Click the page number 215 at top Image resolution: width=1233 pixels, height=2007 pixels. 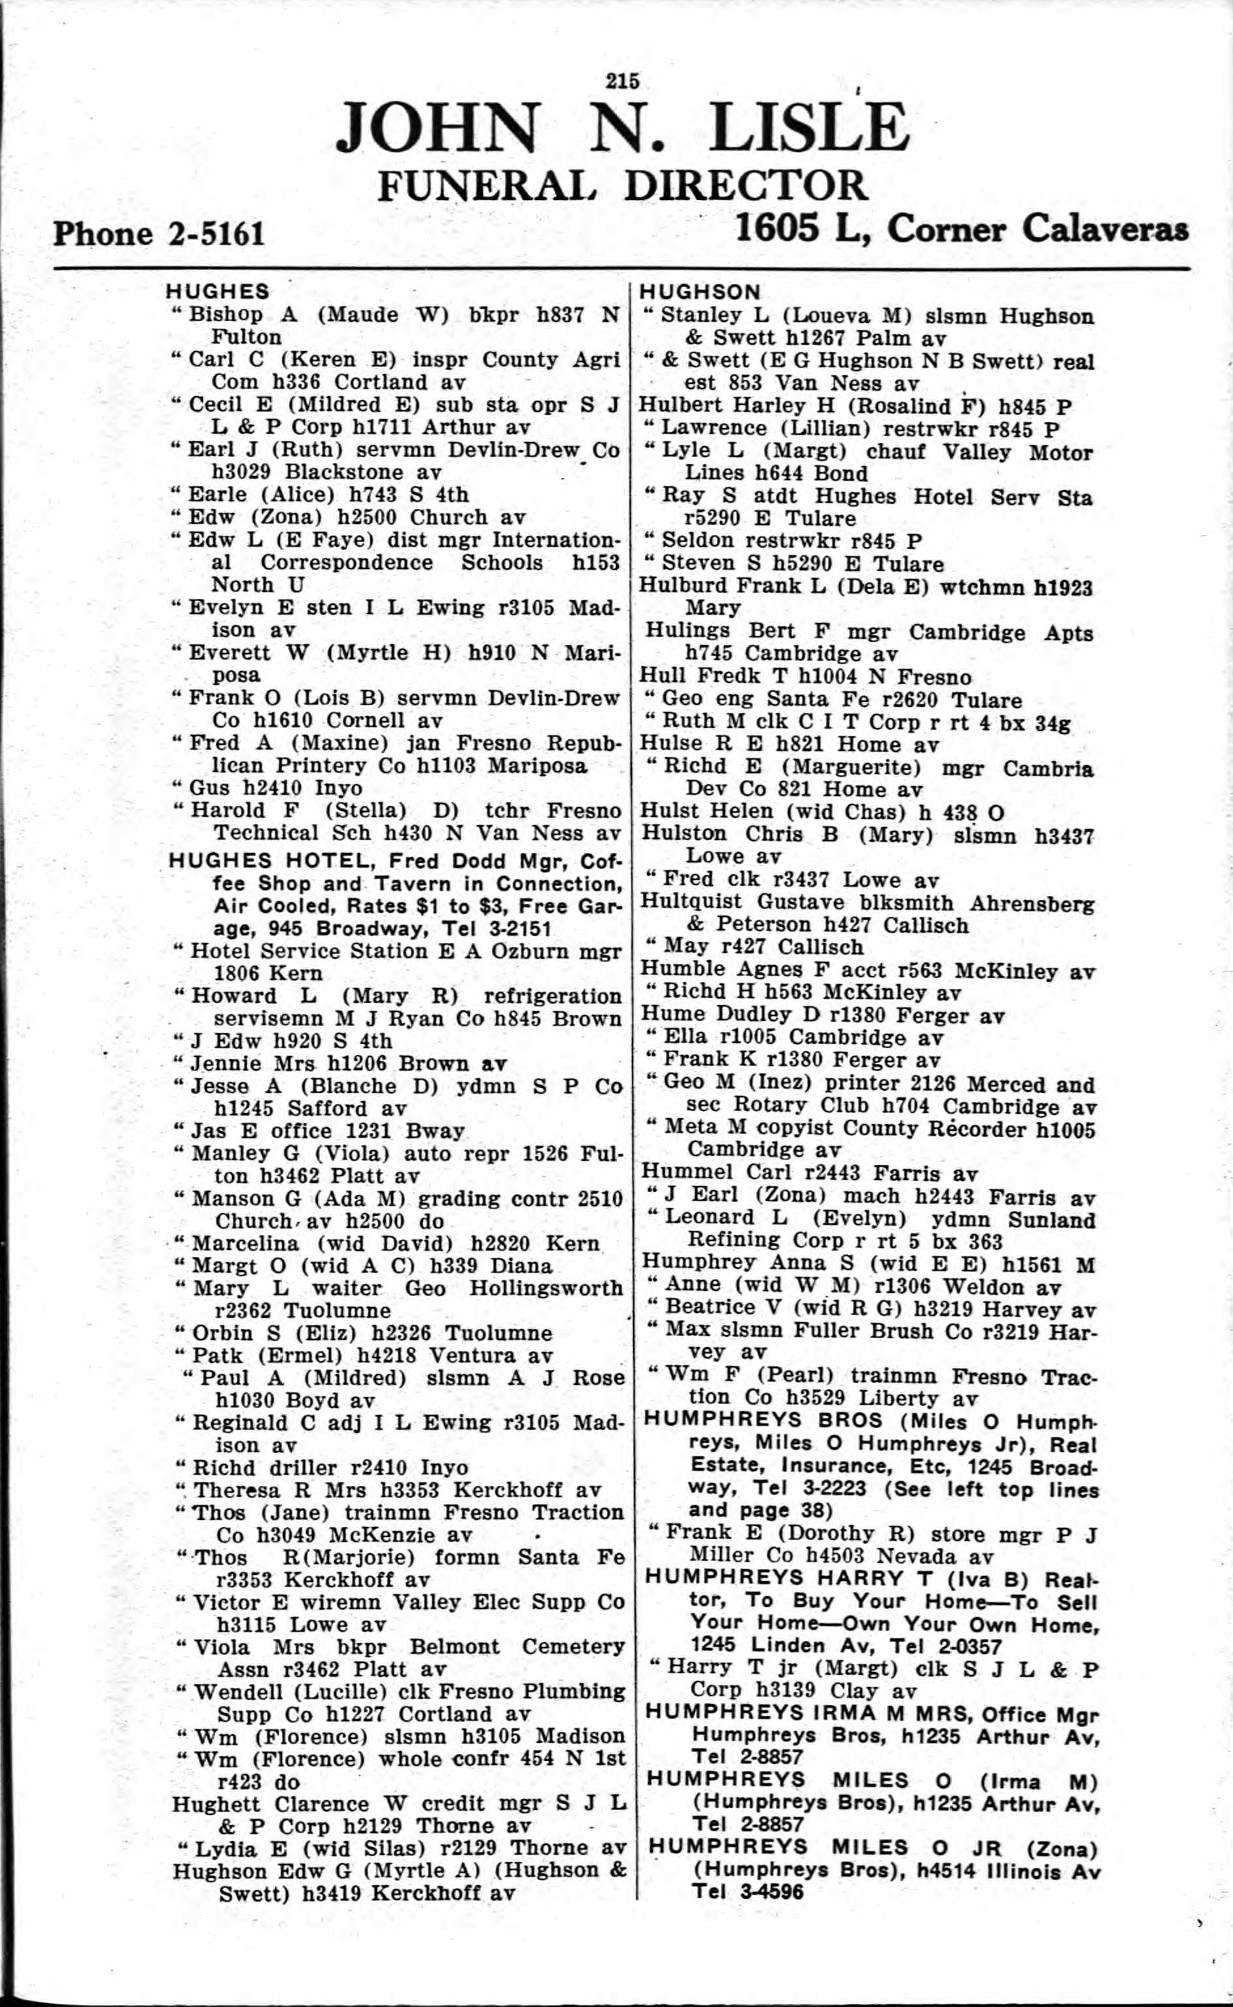pyautogui.click(x=623, y=80)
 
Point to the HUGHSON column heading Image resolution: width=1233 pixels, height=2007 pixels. pyautogui.click(x=700, y=292)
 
